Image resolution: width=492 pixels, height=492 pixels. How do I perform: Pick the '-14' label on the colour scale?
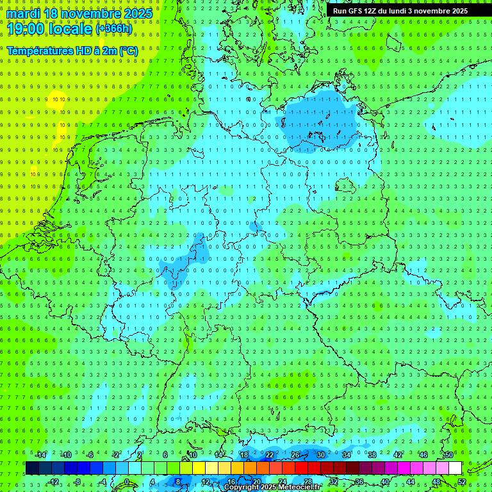(x=41, y=455)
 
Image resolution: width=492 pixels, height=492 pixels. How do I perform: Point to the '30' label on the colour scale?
(x=320, y=455)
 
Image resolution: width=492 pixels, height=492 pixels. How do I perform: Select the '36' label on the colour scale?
(x=359, y=482)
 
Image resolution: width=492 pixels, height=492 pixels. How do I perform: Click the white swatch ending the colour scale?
(x=455, y=468)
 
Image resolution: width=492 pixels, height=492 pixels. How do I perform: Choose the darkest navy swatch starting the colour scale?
(x=32, y=468)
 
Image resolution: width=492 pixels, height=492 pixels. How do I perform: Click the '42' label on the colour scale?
(x=397, y=455)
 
